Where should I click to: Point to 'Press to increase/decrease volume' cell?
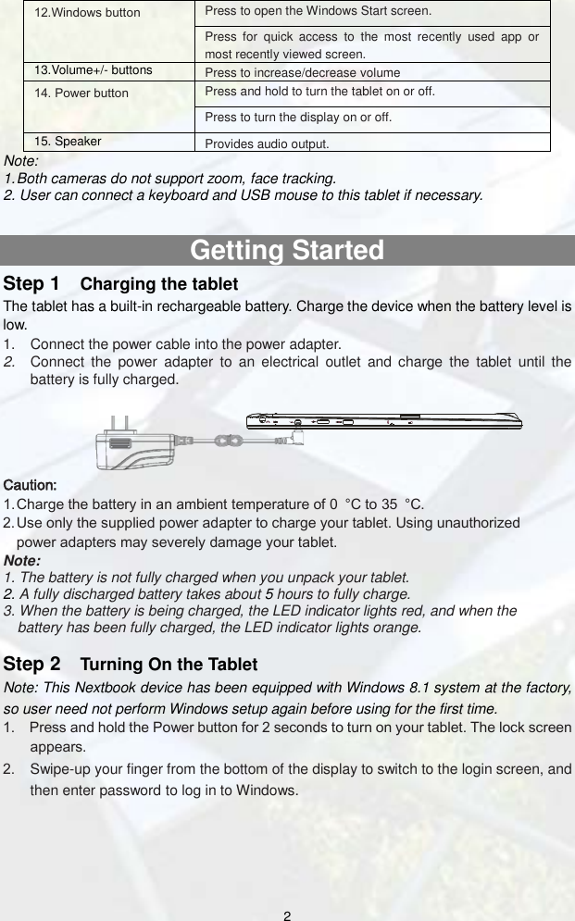pos(302,72)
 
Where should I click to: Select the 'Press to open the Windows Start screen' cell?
pos(317,11)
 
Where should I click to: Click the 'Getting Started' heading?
pos(287,251)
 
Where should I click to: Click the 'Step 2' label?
pos(33,664)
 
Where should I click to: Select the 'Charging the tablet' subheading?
pos(159,283)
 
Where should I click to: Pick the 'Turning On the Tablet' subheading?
pos(169,665)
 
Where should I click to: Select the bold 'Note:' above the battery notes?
pos(23,560)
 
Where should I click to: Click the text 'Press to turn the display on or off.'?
pos(297,118)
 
